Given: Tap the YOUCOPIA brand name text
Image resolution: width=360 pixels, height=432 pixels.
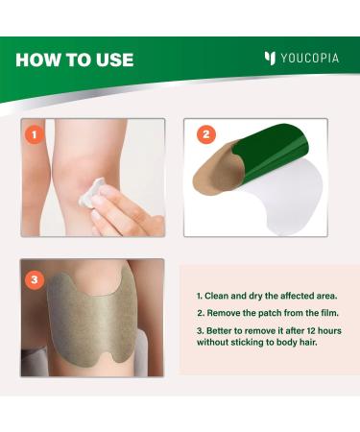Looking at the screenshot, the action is click(309, 59).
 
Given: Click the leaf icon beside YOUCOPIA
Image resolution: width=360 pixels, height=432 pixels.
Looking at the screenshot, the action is click(270, 58).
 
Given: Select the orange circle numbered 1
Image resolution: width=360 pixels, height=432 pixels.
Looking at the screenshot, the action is click(35, 134).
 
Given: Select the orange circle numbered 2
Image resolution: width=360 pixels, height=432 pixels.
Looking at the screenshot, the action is click(205, 134).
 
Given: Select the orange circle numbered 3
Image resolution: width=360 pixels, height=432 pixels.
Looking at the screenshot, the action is click(35, 280).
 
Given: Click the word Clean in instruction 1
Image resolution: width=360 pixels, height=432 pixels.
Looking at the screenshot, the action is click(216, 296).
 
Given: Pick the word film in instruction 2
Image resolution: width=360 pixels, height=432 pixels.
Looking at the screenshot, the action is click(330, 313).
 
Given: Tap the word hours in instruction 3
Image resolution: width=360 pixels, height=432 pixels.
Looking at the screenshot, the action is click(330, 330).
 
